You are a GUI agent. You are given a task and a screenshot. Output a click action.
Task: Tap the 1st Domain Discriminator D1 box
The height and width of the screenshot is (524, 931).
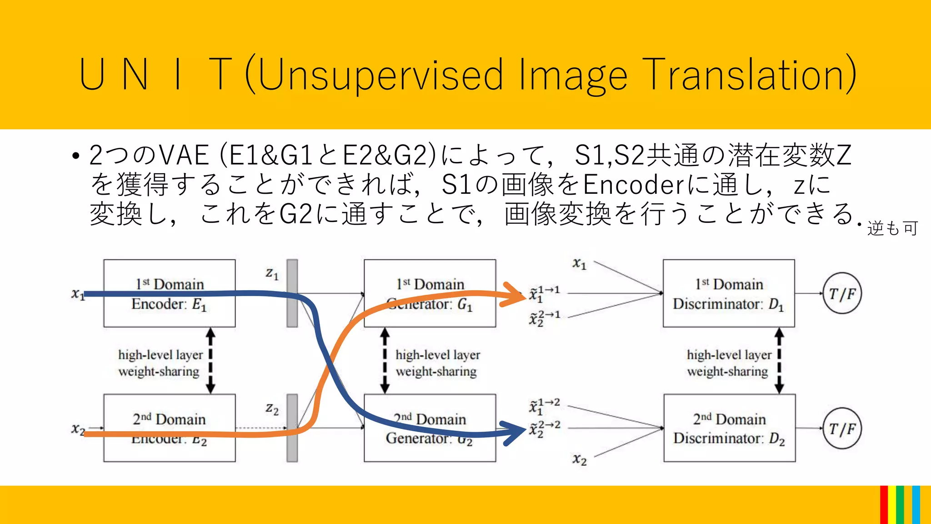728,293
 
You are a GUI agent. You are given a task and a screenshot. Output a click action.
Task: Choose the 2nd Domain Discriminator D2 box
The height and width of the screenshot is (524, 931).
729,428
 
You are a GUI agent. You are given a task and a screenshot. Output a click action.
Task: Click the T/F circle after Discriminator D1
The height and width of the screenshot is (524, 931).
842,294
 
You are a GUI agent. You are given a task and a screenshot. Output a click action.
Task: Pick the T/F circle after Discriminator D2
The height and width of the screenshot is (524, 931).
842,428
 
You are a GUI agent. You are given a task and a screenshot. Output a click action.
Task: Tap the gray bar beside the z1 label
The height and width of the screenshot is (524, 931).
292,293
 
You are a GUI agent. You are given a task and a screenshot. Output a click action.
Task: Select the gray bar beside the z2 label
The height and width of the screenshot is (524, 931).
292,428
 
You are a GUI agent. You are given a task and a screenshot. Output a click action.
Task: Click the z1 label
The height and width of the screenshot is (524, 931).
272,273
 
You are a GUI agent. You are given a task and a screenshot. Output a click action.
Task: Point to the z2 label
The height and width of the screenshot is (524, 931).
272,409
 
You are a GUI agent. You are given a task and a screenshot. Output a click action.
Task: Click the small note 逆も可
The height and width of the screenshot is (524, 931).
892,228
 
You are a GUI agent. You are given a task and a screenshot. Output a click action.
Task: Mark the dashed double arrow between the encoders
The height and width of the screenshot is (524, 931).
210,361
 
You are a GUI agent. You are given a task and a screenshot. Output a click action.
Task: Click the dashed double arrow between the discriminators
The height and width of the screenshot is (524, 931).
779,361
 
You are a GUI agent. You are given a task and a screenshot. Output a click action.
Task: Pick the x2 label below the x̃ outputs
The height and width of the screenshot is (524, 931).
579,459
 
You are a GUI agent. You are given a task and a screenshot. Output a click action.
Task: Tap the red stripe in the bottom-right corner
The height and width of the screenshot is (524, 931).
884,505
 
